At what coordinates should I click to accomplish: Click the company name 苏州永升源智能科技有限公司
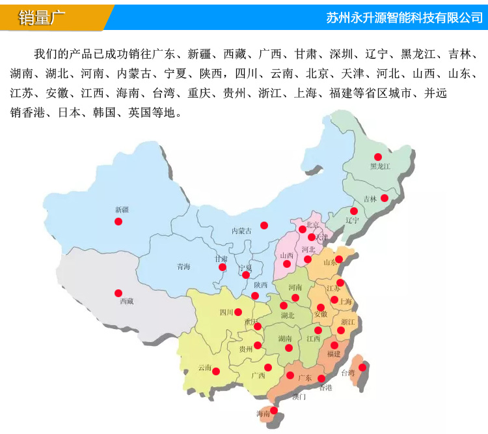[404, 18]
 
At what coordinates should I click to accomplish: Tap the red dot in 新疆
[118, 222]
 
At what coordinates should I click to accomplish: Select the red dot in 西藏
[118, 293]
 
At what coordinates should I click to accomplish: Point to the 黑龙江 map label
[380, 166]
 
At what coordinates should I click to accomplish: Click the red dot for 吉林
[385, 198]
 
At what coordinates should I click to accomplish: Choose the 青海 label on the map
[183, 267]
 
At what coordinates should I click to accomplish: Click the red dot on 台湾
[362, 367]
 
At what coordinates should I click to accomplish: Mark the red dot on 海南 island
[274, 411]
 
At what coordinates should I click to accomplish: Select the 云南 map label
[205, 368]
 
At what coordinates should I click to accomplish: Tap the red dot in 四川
[238, 312]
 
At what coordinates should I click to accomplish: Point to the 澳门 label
[299, 396]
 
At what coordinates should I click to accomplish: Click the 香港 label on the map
[325, 388]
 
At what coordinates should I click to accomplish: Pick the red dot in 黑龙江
[377, 156]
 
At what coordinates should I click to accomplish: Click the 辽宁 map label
[352, 220]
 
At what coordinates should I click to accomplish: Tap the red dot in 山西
[287, 264]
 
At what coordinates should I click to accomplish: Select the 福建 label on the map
[334, 354]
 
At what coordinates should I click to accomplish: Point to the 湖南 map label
[284, 338]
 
